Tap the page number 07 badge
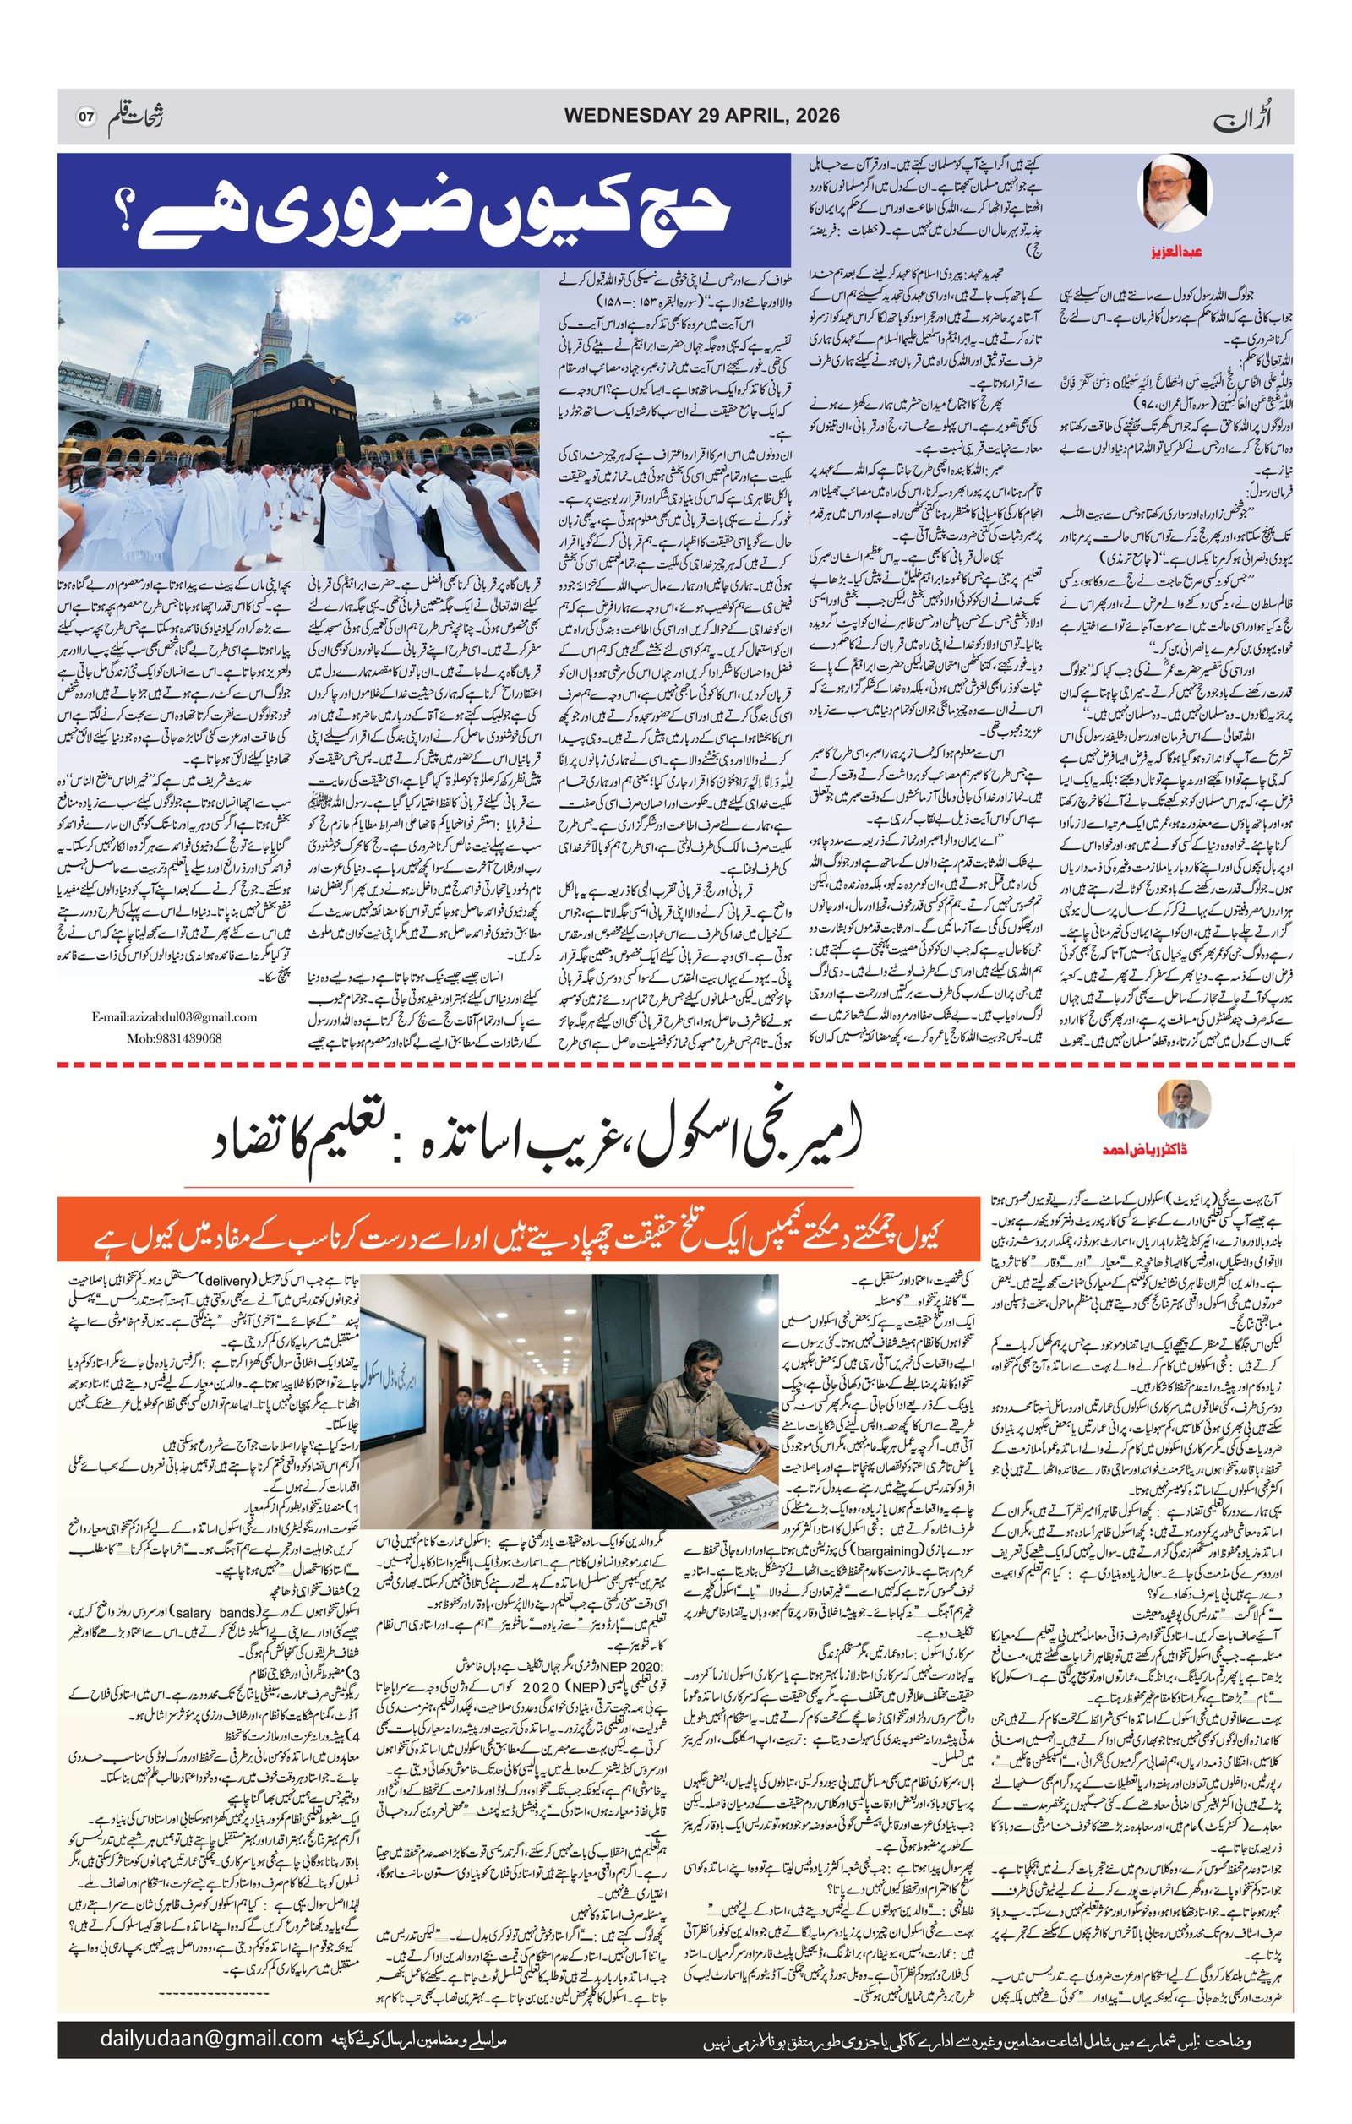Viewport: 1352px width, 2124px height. pyautogui.click(x=85, y=117)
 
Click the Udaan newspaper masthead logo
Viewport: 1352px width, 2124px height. pyautogui.click(x=1270, y=116)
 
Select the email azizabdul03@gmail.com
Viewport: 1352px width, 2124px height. pyautogui.click(x=175, y=1017)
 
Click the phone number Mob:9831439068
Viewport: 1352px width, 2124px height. pyautogui.click(x=174, y=1038)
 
